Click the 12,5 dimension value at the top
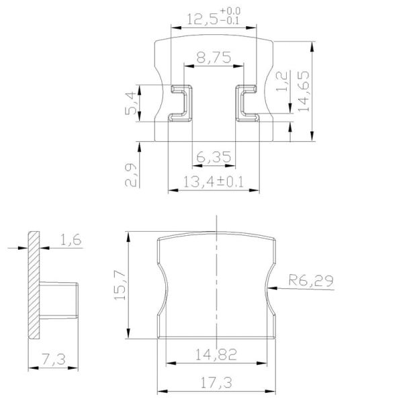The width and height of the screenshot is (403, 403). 200,19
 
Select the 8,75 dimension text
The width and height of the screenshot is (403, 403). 213,58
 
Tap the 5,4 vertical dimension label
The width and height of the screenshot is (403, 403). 133,103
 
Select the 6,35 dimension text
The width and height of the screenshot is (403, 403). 214,158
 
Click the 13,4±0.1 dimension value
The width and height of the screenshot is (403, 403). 214,181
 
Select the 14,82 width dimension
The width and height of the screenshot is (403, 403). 216,355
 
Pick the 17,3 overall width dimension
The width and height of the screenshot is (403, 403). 216,384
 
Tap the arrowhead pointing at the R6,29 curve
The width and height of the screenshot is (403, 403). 271,287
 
